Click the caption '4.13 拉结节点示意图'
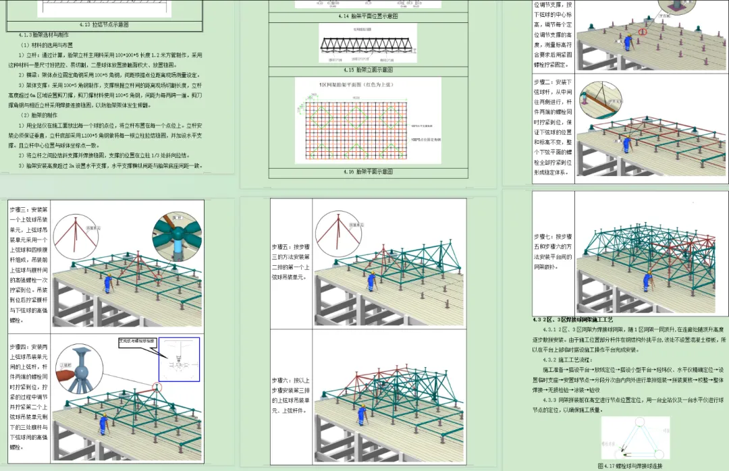click(105, 24)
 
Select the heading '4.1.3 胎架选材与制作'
click(45, 33)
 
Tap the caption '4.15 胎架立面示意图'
click(368, 70)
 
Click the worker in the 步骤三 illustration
click(107, 282)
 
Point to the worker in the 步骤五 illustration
click(371, 280)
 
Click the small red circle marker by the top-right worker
click(643, 32)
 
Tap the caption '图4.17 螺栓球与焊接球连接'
click(630, 465)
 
